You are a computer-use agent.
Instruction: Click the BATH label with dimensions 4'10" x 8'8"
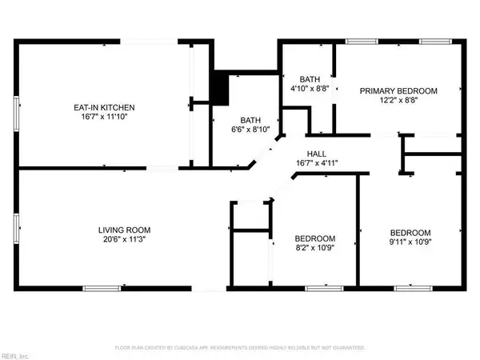click(310, 79)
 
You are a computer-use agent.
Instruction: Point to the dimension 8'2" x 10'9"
click(314, 249)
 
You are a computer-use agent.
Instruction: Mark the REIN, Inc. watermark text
click(16, 353)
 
